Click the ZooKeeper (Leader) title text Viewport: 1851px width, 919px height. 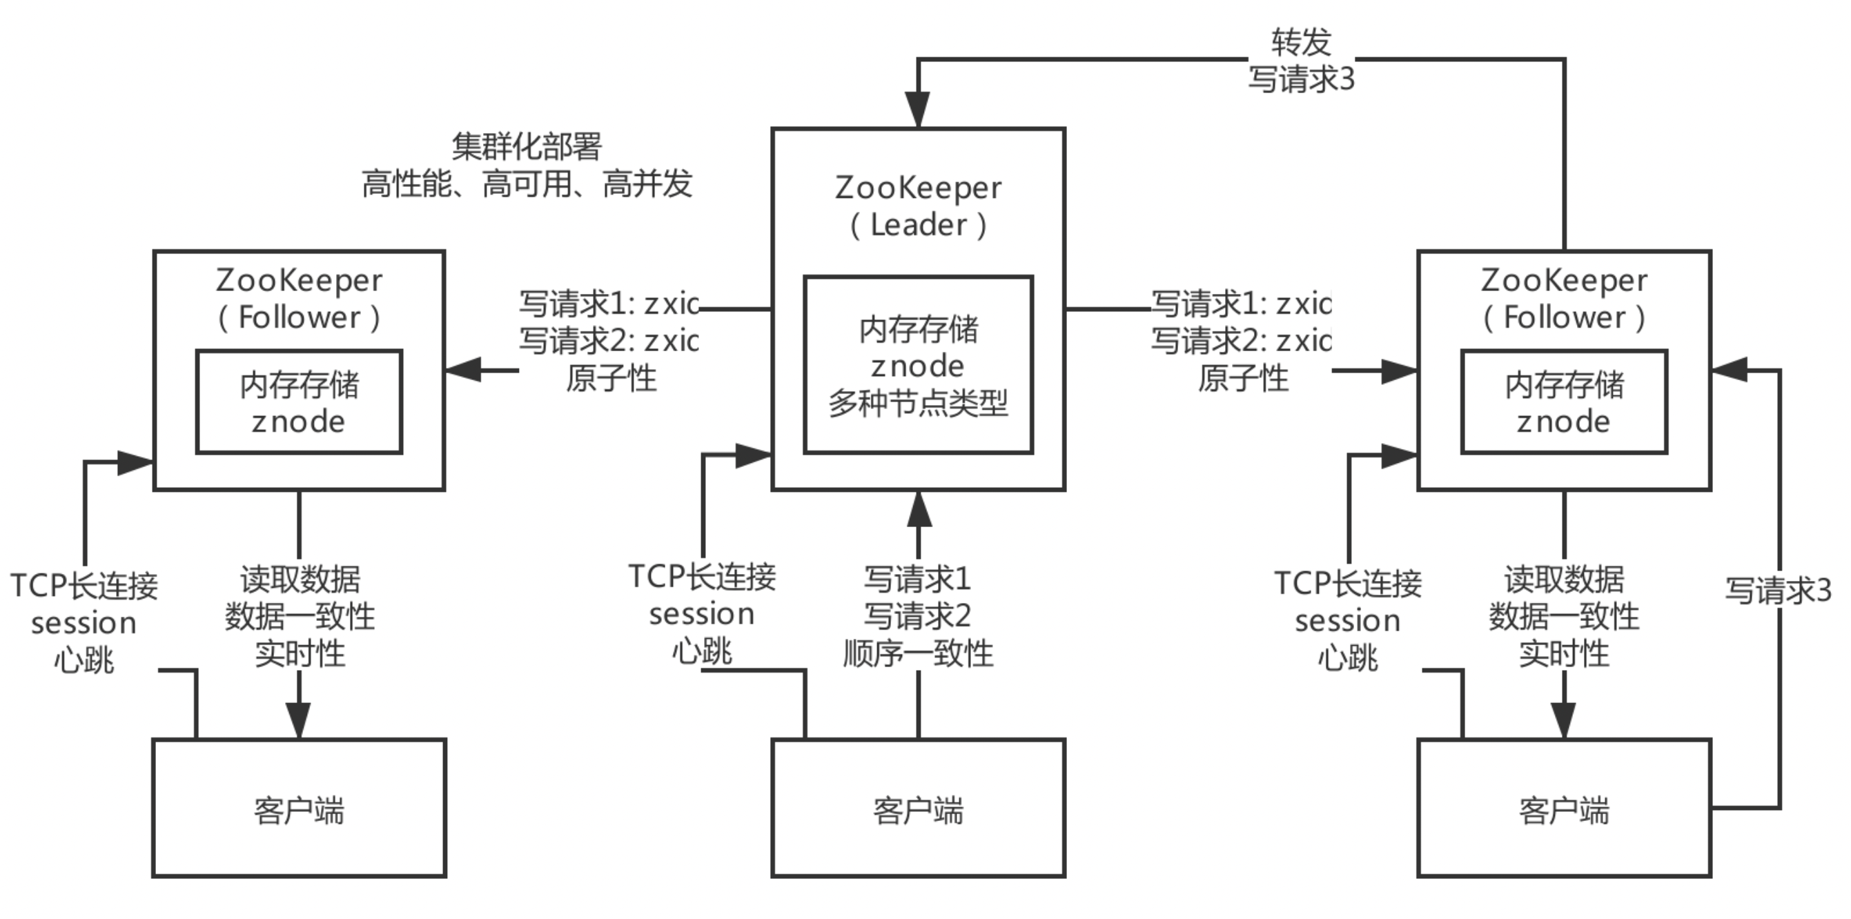click(x=919, y=206)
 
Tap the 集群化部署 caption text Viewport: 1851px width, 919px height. click(x=527, y=146)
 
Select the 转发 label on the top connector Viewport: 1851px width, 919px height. click(x=1302, y=42)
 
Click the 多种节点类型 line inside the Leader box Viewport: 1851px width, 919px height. click(x=919, y=403)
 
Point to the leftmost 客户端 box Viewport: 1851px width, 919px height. click(x=299, y=808)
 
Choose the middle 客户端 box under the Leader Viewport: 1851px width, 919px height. click(x=919, y=808)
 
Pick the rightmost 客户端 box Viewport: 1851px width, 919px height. click(x=1565, y=808)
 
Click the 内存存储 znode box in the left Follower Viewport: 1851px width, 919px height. click(x=299, y=402)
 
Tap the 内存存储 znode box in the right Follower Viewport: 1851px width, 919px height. click(x=1565, y=402)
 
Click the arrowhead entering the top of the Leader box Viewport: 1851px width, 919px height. click(x=918, y=110)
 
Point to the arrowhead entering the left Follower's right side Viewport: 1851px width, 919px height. click(x=464, y=370)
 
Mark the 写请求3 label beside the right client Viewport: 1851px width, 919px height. click(x=1779, y=591)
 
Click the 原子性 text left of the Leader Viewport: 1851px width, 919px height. click(x=611, y=378)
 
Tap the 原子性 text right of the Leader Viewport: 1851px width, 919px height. click(x=1243, y=378)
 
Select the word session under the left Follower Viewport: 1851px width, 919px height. click(x=84, y=623)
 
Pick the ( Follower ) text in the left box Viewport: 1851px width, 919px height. click(x=299, y=317)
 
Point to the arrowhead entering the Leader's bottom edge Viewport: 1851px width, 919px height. click(x=919, y=509)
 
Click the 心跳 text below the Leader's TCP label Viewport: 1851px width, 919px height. click(x=702, y=652)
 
